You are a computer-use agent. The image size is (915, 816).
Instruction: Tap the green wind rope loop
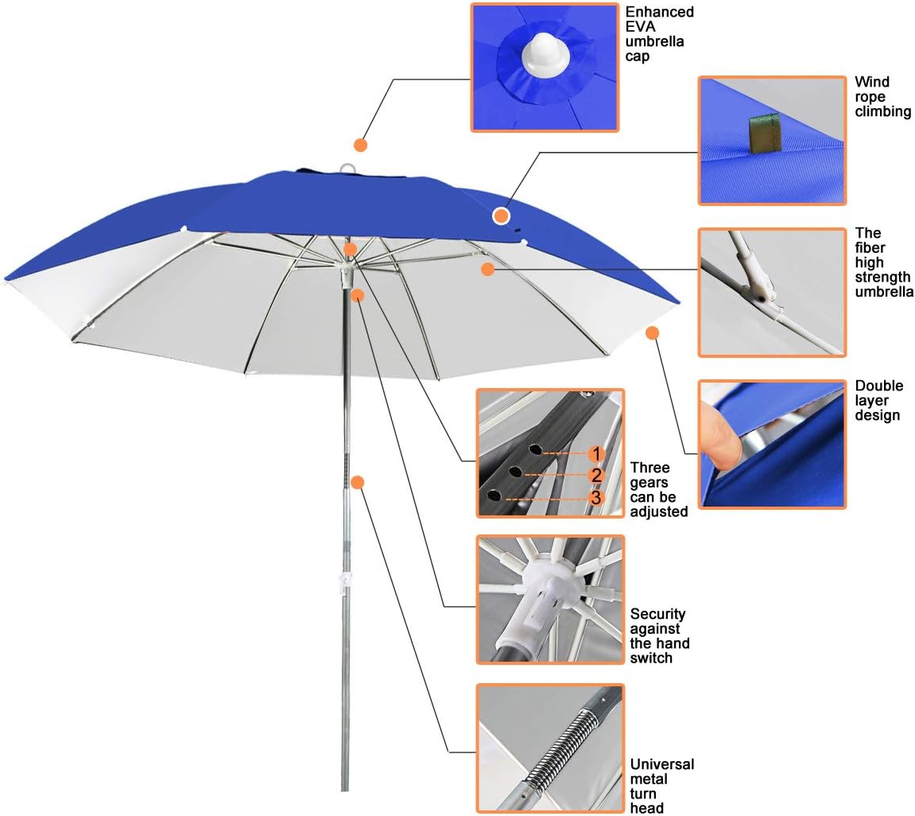[762, 132]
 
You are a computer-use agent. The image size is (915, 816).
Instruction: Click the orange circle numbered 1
[596, 453]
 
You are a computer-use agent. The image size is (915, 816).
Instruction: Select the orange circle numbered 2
[596, 476]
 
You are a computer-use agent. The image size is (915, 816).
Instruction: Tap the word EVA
[642, 28]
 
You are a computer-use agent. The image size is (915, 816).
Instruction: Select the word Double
[879, 386]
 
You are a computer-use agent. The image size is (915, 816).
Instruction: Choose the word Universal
[661, 764]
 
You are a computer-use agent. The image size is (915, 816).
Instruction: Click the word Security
[658, 614]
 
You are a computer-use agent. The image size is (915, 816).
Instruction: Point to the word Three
[649, 468]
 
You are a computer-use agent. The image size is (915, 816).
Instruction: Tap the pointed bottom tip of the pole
[345, 787]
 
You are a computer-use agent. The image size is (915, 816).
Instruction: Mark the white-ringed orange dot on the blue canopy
[501, 215]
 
